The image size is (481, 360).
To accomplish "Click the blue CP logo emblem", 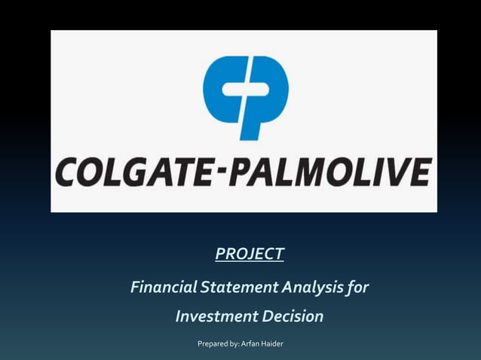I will (x=245, y=97).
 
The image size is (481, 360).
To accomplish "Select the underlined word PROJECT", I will (x=249, y=254).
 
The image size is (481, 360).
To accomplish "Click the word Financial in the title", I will (x=161, y=287).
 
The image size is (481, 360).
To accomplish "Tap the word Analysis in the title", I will (x=314, y=287).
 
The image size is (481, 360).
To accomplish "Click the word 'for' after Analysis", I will (x=359, y=287).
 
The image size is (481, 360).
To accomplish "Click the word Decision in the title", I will (x=293, y=316).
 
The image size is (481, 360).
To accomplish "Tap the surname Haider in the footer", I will (x=272, y=344).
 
